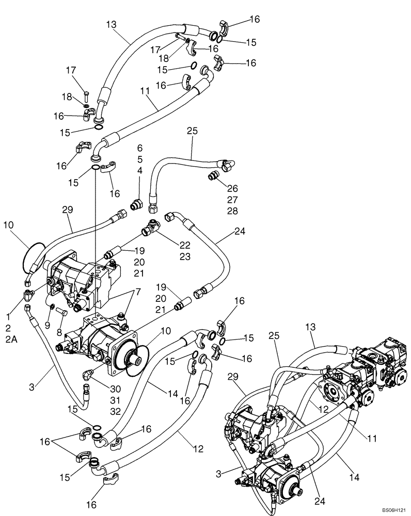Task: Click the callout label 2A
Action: (x=11, y=339)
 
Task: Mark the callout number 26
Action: (x=232, y=188)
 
